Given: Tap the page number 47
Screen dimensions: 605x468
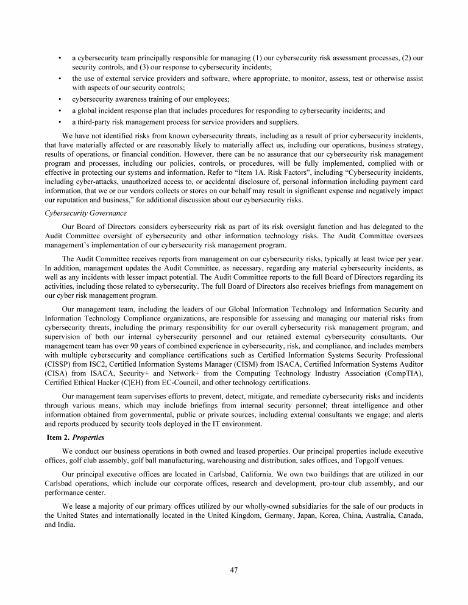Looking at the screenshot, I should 234,570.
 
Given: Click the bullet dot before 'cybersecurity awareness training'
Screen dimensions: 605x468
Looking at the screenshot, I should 59,99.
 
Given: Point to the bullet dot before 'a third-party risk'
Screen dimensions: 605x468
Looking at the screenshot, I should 59,121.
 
